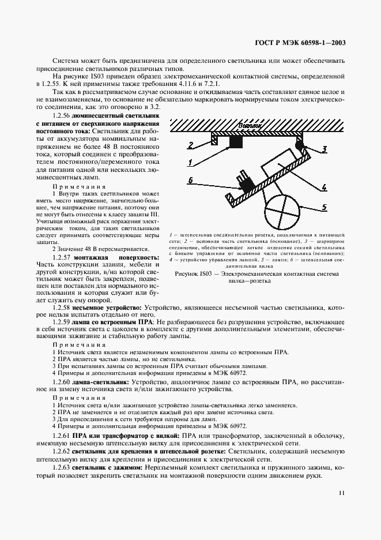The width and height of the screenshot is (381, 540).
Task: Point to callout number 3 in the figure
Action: (325, 149)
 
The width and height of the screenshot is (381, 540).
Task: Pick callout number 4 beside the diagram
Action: (325, 187)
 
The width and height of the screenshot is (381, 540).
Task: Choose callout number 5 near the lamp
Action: (325, 207)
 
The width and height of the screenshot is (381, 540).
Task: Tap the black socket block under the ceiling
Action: (235, 142)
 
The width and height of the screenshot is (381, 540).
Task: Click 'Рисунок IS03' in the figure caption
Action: (204, 258)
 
